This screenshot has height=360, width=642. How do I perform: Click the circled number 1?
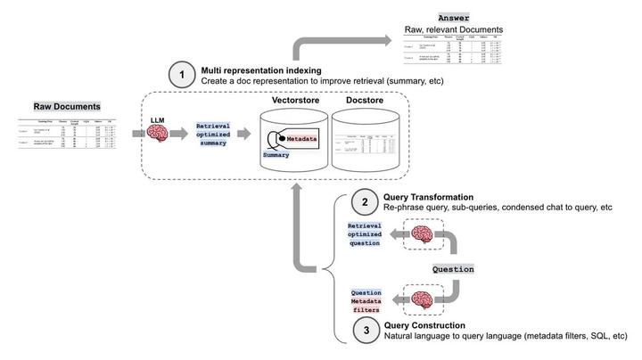tap(182, 76)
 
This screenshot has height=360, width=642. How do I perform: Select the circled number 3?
tap(365, 331)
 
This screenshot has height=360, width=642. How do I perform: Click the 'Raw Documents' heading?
tap(67, 107)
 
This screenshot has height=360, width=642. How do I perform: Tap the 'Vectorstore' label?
tap(296, 101)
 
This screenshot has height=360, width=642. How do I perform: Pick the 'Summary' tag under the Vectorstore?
tap(276, 154)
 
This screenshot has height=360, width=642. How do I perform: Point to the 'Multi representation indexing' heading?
tap(263, 70)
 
